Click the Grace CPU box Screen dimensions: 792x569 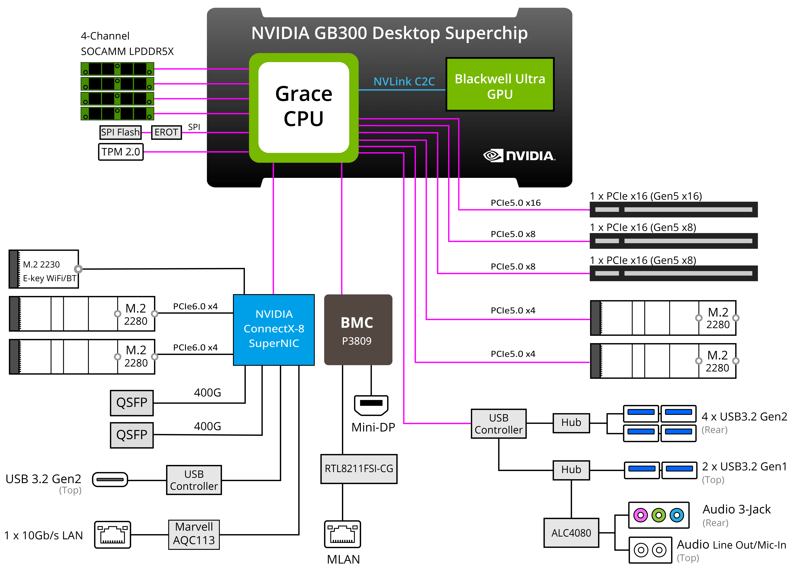pos(303,108)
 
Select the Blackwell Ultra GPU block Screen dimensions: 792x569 pos(500,85)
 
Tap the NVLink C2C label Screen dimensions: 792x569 pos(404,81)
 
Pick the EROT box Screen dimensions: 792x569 pos(166,132)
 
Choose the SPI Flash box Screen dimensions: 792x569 pos(121,132)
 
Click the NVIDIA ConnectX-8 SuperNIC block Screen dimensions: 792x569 pos(274,330)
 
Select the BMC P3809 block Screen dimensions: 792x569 pos(358,330)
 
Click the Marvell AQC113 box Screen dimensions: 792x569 pos(194,534)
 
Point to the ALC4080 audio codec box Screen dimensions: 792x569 pos(571,533)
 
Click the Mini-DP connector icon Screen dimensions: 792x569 pos(371,405)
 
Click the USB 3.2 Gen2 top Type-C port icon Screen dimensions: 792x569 pos(110,480)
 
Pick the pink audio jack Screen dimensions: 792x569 pos(640,515)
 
